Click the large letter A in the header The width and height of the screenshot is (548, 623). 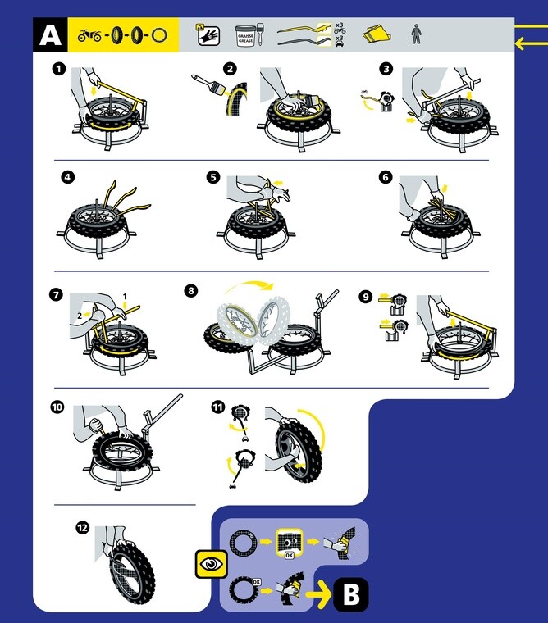pyautogui.click(x=50, y=35)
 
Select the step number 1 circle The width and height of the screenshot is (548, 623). pyautogui.click(x=59, y=70)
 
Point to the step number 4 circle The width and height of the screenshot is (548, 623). pyautogui.click(x=67, y=175)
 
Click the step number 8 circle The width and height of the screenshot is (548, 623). pyautogui.click(x=190, y=289)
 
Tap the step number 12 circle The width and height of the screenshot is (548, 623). pyautogui.click(x=80, y=528)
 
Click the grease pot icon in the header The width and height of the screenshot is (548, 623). pyautogui.click(x=247, y=35)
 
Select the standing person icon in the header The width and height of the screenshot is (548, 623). pyautogui.click(x=415, y=35)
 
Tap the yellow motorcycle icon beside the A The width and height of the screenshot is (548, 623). pyautogui.click(x=90, y=36)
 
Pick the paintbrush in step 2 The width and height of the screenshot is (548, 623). pyautogui.click(x=209, y=83)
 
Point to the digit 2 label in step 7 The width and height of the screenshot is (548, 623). pyautogui.click(x=77, y=314)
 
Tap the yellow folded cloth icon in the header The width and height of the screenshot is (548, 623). pyautogui.click(x=373, y=34)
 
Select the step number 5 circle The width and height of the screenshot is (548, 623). pyautogui.click(x=213, y=175)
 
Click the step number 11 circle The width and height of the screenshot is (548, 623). pyautogui.click(x=217, y=406)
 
